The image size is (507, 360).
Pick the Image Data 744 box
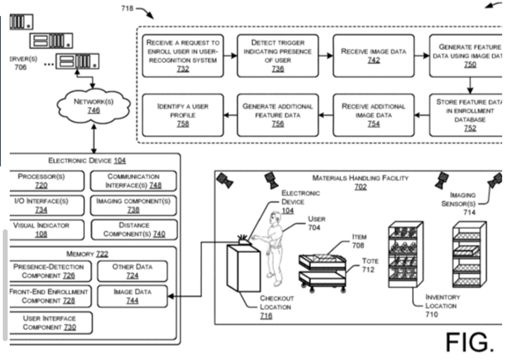pyautogui.click(x=132, y=295)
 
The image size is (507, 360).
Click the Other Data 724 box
pyautogui.click(x=132, y=271)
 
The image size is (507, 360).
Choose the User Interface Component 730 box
pyautogui.click(x=49, y=323)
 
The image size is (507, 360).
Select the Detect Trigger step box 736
pyautogui.click(x=278, y=56)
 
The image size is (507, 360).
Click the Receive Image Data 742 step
pyautogui.click(x=373, y=56)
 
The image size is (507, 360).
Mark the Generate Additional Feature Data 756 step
pyautogui.click(x=278, y=115)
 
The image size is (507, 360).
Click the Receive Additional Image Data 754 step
pyautogui.click(x=373, y=115)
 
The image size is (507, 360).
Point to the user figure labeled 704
pyautogui.click(x=273, y=245)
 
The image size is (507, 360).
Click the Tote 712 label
pyautogui.click(x=371, y=265)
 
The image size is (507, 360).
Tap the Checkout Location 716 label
pyautogui.click(x=277, y=306)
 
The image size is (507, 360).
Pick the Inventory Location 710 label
pyautogui.click(x=443, y=305)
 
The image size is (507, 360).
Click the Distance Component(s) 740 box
pyautogui.click(x=134, y=229)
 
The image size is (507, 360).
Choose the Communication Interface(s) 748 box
pyautogui.click(x=134, y=181)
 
